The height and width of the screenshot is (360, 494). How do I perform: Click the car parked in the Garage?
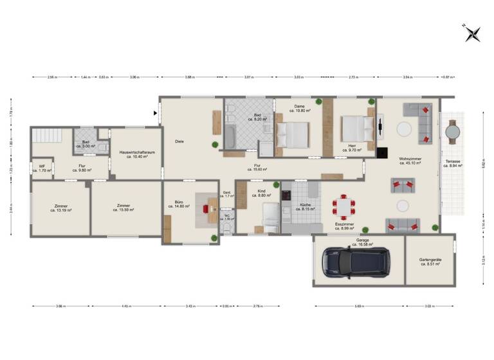point(354,262)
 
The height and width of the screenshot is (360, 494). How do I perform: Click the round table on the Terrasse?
point(453,130)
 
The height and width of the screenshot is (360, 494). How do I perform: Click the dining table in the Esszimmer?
point(343,206)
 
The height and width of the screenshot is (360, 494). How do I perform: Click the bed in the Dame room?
point(293,135)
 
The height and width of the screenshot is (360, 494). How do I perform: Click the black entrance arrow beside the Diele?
point(155,114)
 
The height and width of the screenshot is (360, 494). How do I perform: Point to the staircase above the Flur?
point(46,136)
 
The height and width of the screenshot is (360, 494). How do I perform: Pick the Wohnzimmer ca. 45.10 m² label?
point(410,161)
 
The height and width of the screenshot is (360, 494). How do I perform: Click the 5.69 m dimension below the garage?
point(358,305)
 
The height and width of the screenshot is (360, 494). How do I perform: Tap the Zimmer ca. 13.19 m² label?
point(60,208)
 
